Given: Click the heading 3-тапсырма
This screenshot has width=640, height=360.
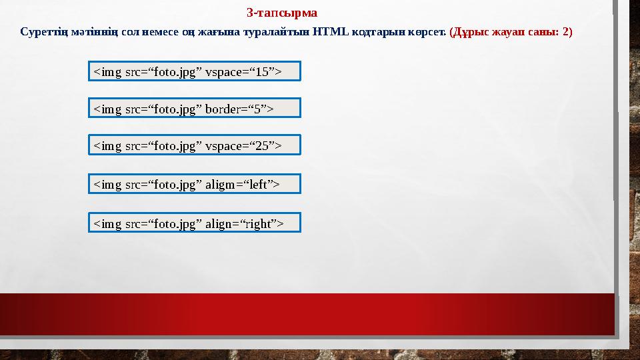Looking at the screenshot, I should [x=282, y=13].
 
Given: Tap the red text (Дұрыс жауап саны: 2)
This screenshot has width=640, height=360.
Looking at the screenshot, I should [x=511, y=31].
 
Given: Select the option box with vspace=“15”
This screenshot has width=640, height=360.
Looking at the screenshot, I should [x=195, y=71].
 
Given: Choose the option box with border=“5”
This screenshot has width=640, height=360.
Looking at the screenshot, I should [x=195, y=108].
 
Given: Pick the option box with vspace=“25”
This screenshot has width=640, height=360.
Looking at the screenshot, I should [x=195, y=145].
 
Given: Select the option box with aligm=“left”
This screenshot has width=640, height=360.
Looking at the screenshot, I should [x=195, y=184].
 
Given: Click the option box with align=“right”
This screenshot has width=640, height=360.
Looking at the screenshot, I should [x=195, y=223].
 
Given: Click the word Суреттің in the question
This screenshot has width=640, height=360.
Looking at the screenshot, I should [x=41, y=31].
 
